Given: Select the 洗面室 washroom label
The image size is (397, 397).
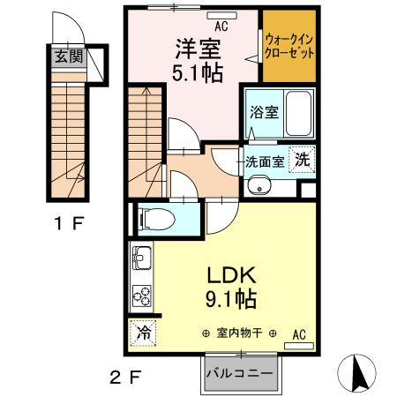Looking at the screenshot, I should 264,161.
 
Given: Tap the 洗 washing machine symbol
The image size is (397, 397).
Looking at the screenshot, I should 303,161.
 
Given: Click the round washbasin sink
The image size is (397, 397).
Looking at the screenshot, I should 259,185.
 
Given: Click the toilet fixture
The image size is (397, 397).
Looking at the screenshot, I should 158,215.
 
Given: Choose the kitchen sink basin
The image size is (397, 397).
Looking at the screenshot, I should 141,260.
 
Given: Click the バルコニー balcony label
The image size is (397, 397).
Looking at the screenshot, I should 241,372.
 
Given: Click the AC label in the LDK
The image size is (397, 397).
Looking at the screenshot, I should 299,333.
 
